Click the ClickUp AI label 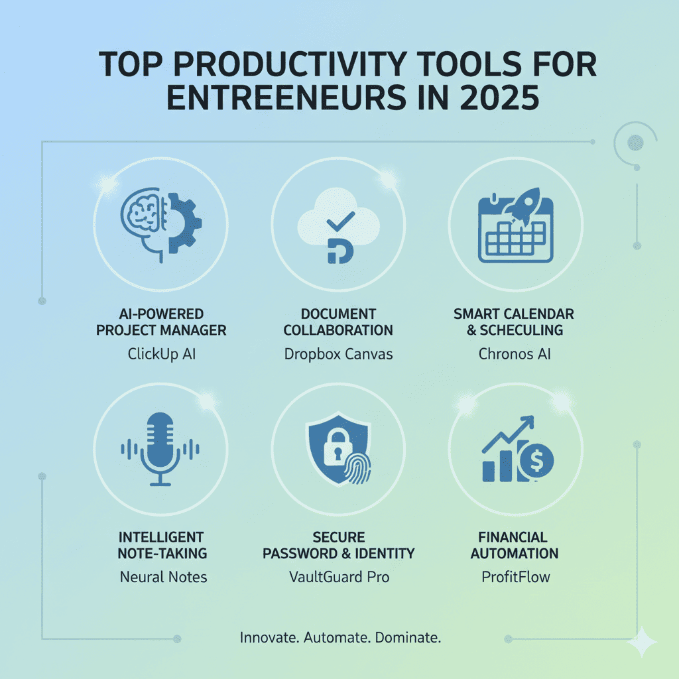(162, 354)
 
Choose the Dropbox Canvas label (339, 354)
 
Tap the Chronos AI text (515, 354)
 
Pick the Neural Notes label (163, 577)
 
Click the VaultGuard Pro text (339, 577)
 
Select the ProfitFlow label (515, 577)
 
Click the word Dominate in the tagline (408, 639)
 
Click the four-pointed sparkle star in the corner (641, 641)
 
